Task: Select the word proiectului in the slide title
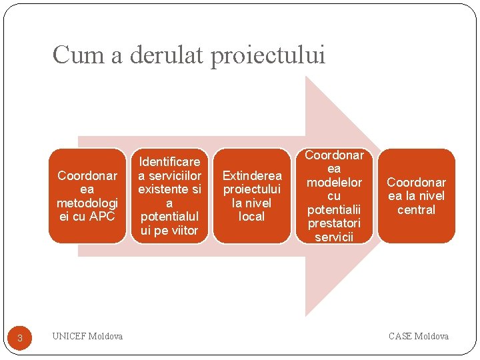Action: pos(268,55)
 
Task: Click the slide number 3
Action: pos(20,338)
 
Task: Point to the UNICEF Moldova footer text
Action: pos(87,337)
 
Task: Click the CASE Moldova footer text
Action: pos(419,337)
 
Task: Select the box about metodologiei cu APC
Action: pos(87,196)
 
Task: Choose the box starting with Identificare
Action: pos(169,196)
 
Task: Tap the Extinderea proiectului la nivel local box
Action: pos(252,196)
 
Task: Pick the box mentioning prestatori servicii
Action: pos(334,196)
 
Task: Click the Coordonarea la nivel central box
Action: pos(417,196)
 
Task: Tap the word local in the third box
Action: pos(252,217)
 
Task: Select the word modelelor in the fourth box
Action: pos(334,182)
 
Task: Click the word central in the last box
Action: pos(416,210)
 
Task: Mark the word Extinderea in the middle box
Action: pos(252,175)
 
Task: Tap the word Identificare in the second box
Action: pos(169,161)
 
